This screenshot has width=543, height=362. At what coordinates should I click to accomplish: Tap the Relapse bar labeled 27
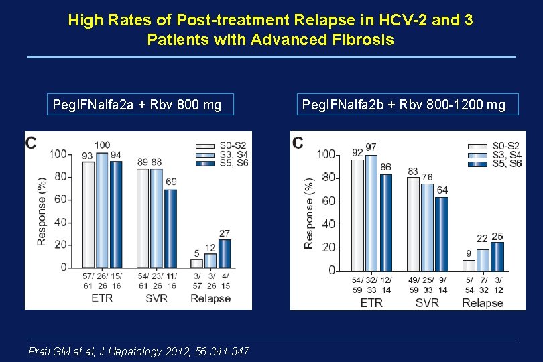pos(224,253)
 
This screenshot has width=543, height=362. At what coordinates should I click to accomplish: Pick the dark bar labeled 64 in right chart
pos(442,233)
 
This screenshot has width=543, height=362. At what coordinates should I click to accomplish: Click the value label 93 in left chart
pos(87,156)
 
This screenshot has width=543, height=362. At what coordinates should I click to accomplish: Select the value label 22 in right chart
pos(483,239)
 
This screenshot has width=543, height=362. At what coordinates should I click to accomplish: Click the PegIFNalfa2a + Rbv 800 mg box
pos(140,105)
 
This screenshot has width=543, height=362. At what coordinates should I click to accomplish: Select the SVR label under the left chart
pos(156,298)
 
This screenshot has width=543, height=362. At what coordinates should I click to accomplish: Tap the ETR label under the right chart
pos(371,303)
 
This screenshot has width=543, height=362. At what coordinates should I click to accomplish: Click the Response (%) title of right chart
pos(308,213)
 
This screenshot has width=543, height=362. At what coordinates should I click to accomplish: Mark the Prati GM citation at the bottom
pos(139,351)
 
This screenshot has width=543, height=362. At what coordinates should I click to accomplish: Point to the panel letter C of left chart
pos(32,142)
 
